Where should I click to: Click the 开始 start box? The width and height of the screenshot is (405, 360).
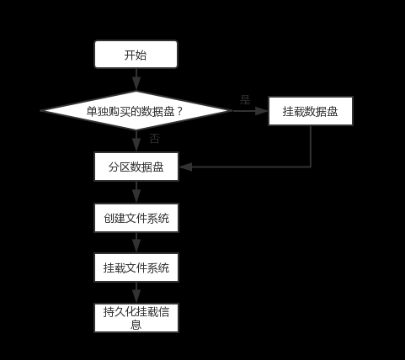136,55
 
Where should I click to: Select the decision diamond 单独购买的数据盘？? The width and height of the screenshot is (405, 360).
136,111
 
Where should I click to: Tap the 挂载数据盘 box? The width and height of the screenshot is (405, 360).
311,111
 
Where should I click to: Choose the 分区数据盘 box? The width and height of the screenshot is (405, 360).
136,167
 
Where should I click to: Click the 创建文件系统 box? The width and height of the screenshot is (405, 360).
136,218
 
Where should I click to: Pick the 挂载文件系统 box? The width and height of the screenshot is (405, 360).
136,267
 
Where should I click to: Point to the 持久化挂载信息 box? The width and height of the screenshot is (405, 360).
136,318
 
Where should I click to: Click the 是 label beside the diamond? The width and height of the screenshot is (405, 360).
245,99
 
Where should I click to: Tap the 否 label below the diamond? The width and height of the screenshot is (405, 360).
155,139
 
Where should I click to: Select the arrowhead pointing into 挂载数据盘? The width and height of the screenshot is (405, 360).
262,111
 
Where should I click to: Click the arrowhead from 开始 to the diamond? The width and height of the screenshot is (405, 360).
136,85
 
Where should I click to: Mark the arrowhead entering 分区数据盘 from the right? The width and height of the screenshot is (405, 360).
185,167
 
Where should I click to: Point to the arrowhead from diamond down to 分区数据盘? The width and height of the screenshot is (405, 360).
136,146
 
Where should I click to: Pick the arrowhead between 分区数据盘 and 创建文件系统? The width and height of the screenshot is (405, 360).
136,197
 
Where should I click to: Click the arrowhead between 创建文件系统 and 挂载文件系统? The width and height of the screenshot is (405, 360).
136,246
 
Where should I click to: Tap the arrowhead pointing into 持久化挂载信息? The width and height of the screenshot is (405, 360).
136,297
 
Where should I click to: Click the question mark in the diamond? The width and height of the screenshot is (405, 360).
179,111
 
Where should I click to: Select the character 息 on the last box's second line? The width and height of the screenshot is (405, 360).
136,325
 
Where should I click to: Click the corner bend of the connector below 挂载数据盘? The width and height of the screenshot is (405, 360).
311,167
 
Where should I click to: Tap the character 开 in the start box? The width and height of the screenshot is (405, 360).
130,55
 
